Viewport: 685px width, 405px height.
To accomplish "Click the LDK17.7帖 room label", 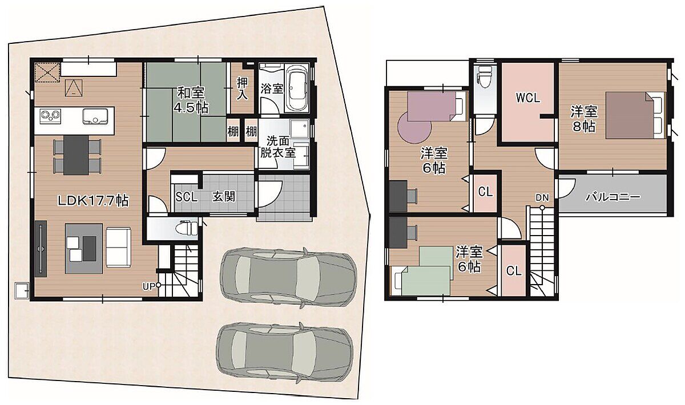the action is [x=93, y=201].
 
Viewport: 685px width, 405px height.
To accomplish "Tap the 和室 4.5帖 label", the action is [x=191, y=100].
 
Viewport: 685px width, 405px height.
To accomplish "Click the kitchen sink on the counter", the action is [x=95, y=117].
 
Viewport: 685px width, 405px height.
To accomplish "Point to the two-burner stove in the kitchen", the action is [x=50, y=116].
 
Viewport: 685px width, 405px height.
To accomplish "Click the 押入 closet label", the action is [x=242, y=88].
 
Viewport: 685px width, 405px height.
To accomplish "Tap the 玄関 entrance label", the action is [x=224, y=197].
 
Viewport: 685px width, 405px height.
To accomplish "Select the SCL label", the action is [x=187, y=197].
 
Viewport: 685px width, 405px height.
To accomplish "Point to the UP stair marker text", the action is [x=149, y=286].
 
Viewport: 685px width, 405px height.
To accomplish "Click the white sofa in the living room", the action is [x=118, y=248].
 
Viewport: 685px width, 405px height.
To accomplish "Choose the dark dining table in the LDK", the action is [x=76, y=155].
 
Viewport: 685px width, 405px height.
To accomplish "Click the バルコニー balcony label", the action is [x=613, y=197].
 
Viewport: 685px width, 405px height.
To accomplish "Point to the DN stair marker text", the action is [x=542, y=198].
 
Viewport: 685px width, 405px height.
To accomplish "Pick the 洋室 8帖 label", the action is [x=584, y=119].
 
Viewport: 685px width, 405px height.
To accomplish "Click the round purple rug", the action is [x=414, y=127].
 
